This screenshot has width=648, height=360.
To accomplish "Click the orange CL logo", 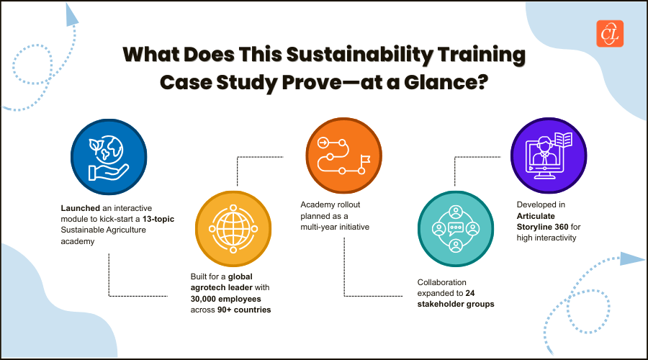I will [x=610, y=33].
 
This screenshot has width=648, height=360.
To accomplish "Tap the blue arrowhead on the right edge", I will [x=631, y=259].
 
